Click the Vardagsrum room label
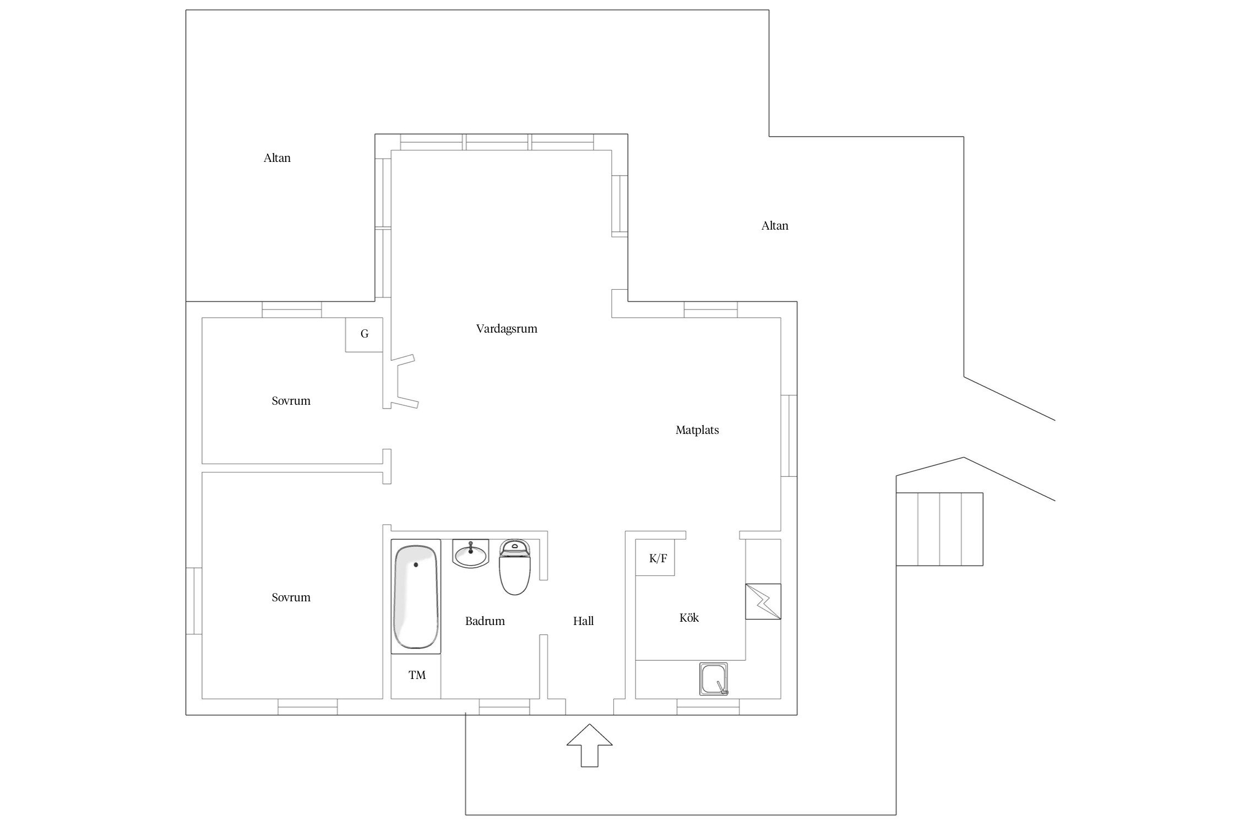tap(506, 329)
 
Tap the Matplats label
tap(697, 430)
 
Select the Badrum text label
tap(485, 621)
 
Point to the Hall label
tap(583, 621)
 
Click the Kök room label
tap(689, 618)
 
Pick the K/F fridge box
tap(657, 558)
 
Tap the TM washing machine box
tap(417, 675)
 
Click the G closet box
tap(364, 334)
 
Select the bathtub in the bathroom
tap(416, 596)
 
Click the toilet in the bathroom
tap(514, 568)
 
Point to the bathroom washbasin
tap(470, 554)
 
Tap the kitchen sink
tap(713, 679)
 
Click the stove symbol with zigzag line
tap(763, 601)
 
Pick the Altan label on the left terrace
tap(277, 158)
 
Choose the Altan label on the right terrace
tap(774, 226)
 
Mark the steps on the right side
tap(939, 529)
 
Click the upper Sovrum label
tap(291, 401)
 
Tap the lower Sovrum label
tap(291, 597)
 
